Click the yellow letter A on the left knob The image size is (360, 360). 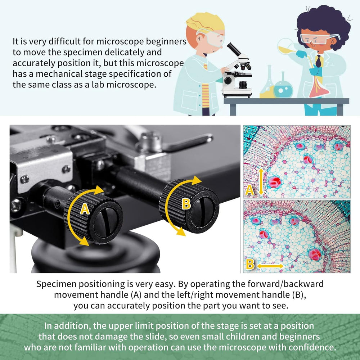[x=85, y=209]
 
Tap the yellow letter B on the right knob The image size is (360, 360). [x=186, y=203]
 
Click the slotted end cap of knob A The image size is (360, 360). [x=106, y=222]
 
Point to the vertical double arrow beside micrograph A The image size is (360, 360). [x=260, y=182]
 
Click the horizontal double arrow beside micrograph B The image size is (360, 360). [x=270, y=266]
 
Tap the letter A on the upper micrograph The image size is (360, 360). [x=249, y=190]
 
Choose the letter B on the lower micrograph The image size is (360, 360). [x=250, y=264]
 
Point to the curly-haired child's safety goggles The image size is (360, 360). [x=319, y=39]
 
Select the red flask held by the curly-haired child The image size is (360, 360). [x=319, y=85]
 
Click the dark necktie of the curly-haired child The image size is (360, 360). [x=319, y=61]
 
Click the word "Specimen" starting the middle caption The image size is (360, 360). [x=56, y=284]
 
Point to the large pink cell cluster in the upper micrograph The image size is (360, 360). [x=275, y=182]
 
